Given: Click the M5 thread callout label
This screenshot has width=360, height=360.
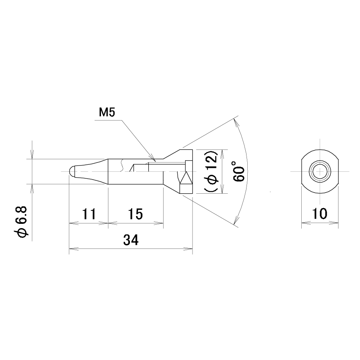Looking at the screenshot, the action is coord(107,113).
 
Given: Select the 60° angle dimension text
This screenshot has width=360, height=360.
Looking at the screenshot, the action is coord(239,171).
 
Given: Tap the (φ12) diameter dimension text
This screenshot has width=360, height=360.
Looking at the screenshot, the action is coord(211,171).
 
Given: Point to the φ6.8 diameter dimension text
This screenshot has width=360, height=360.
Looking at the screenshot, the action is coord(22,222).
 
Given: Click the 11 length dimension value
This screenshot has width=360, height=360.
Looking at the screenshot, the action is coord(89,214).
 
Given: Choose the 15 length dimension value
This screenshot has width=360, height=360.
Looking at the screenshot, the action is coord(135,214).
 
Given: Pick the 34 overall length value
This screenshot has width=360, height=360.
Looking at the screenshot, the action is coord(131,240).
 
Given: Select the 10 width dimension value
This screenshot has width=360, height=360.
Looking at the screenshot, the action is coord(320,214).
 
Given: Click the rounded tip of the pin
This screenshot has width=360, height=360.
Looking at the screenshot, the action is coord(71,171).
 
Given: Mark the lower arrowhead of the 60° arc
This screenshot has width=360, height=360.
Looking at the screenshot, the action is coord(236,220).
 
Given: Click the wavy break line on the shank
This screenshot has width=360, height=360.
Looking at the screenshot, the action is coord(121,165).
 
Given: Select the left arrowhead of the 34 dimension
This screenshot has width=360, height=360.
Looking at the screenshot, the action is coord(74,248).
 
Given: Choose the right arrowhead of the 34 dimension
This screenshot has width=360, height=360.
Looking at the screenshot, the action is coord(188,248).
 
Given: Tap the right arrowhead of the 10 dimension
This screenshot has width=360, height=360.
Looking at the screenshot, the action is coord(334,223).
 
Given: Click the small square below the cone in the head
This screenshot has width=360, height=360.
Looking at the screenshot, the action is coord(186,189).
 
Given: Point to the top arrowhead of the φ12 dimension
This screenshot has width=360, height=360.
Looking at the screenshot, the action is coord(222,154).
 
